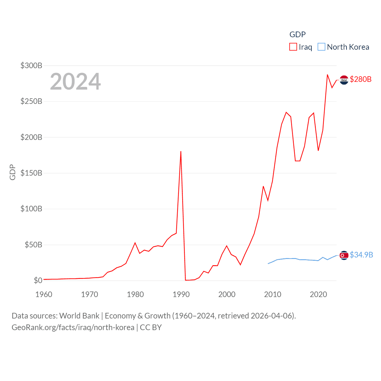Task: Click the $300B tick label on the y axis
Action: coord(31,65)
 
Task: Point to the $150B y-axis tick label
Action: coord(31,173)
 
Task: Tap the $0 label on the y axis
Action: coord(38,280)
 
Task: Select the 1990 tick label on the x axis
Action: coord(181,294)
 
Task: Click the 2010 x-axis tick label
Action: coord(273,294)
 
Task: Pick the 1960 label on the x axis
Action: coord(44,294)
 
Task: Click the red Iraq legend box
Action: coord(293,47)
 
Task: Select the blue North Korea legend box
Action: coord(321,47)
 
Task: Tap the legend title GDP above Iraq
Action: coord(297,35)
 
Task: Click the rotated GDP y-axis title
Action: coord(13,172)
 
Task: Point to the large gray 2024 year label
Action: coord(75,82)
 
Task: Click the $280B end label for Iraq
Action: coord(360,79)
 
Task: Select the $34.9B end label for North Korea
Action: coord(361,255)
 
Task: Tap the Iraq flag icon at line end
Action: coord(344,80)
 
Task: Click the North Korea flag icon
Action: coord(344,255)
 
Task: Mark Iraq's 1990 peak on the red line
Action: coord(181,152)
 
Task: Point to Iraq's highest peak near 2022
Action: coord(327,75)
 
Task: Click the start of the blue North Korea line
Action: coord(268,263)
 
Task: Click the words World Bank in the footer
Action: coord(79,316)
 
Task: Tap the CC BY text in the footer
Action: coord(151,327)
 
